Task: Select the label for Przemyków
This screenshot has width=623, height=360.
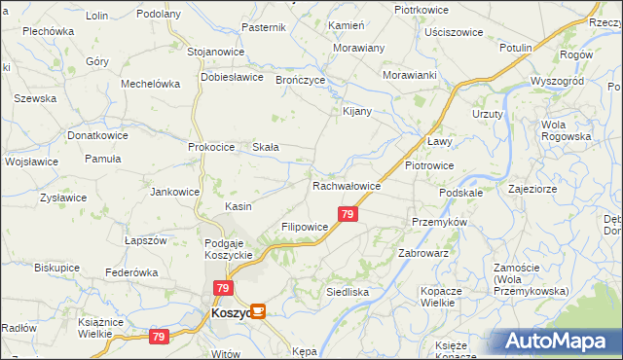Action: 440,222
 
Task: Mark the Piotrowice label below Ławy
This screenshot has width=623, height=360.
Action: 429,165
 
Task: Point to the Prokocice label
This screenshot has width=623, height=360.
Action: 212,147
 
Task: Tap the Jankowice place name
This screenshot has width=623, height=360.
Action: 175,192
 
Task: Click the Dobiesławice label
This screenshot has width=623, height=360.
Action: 233,77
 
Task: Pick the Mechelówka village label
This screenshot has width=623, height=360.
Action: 151,84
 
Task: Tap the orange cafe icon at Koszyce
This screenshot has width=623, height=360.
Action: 258,311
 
